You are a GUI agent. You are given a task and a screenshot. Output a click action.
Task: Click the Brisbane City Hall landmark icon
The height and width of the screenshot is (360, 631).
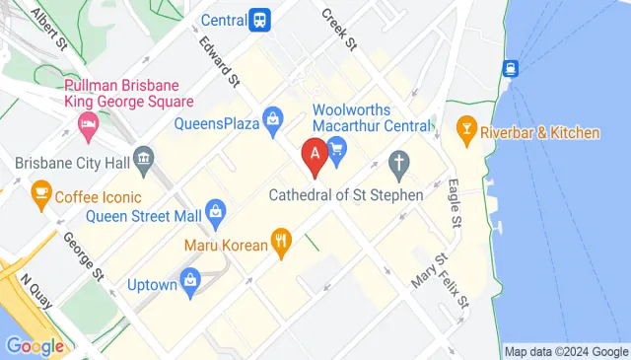click(144, 158)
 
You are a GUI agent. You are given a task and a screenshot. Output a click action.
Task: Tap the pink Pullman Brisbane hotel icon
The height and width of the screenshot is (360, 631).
click(86, 124)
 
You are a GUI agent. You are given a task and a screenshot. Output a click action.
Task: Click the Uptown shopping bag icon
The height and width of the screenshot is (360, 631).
click(191, 279)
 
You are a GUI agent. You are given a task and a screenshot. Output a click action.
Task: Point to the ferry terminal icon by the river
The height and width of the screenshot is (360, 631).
click(511, 68)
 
